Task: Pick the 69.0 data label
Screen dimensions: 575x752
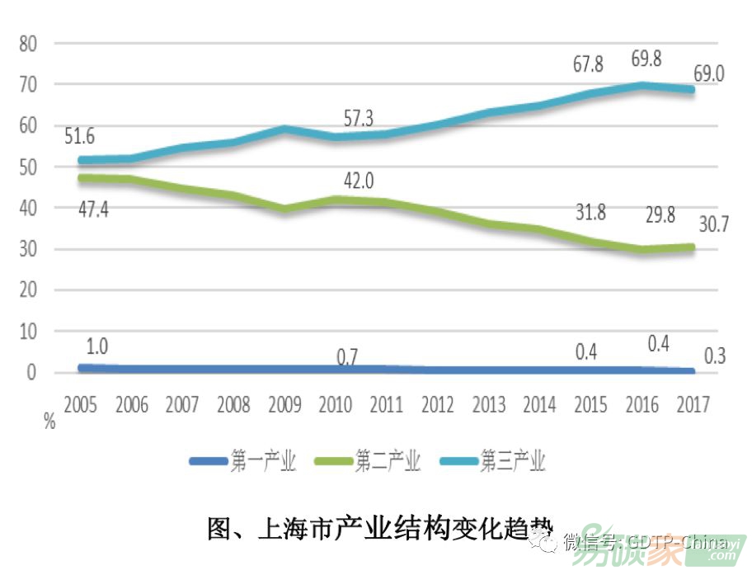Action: [x=707, y=74]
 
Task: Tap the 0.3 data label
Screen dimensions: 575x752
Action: [x=714, y=356]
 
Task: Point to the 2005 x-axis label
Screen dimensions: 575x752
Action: [x=80, y=405]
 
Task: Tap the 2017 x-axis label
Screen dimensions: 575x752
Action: [x=693, y=405]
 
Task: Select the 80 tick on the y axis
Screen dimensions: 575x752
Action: [x=30, y=44]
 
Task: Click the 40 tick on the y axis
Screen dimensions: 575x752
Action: [x=30, y=208]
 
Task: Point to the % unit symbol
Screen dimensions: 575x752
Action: [x=49, y=423]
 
